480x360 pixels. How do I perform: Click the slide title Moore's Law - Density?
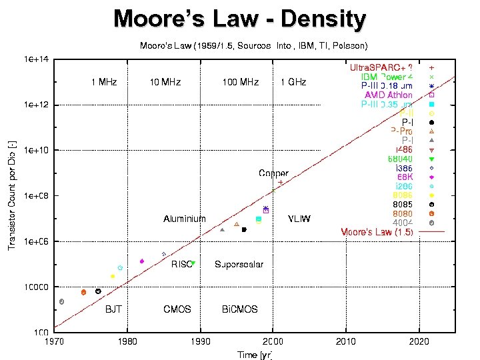click(x=239, y=19)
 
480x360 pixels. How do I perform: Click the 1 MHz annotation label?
click(x=104, y=82)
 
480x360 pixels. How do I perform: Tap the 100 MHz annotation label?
click(x=240, y=82)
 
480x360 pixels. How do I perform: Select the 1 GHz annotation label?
click(x=293, y=82)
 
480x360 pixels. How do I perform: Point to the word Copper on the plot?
click(x=273, y=173)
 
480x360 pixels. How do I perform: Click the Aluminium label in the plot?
click(x=185, y=219)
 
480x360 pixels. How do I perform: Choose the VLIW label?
click(x=299, y=219)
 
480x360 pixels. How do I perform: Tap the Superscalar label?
click(x=239, y=264)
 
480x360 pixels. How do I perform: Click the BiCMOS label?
click(x=239, y=309)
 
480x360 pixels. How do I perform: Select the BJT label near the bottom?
click(x=113, y=309)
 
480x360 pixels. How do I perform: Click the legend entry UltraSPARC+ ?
click(x=381, y=68)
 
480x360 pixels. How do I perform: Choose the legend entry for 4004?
click(x=402, y=222)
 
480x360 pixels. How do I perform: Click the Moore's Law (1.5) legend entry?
click(x=377, y=232)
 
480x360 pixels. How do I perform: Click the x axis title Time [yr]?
click(x=255, y=354)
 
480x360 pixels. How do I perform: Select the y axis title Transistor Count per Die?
click(x=11, y=196)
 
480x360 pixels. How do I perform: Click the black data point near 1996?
click(x=244, y=230)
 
